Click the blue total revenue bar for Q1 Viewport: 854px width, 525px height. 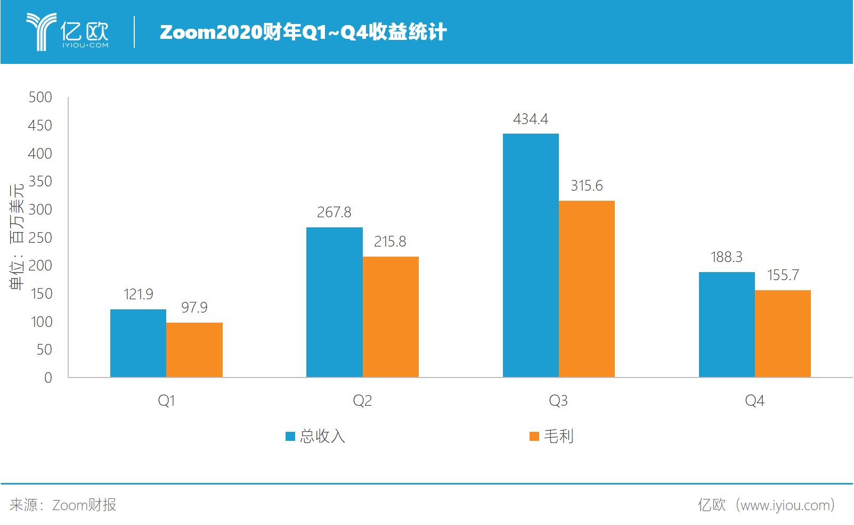pos(138,343)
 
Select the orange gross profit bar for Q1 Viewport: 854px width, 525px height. pos(194,350)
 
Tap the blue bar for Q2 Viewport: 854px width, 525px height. pos(334,302)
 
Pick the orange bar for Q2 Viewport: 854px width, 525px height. pos(391,317)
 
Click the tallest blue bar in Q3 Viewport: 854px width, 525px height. pos(531,255)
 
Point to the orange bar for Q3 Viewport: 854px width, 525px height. pos(587,289)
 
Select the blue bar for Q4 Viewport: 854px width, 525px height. pos(727,324)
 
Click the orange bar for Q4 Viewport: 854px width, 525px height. pos(783,333)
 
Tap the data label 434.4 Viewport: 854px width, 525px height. pos(531,119)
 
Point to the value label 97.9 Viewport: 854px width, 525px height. pos(194,308)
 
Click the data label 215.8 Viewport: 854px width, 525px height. pos(390,242)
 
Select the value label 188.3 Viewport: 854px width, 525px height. pos(726,257)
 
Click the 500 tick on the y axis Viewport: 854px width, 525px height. pos(40,97)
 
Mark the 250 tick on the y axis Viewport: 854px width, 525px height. pos(40,238)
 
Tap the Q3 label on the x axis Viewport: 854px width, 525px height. pos(558,400)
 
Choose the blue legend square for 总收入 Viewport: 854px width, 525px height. pos(290,437)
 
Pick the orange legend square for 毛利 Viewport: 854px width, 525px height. pos(534,437)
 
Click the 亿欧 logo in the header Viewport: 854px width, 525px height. pos(68,32)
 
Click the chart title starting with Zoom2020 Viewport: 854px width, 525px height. pos(303,32)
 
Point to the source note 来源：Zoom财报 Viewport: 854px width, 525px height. pos(63,505)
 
